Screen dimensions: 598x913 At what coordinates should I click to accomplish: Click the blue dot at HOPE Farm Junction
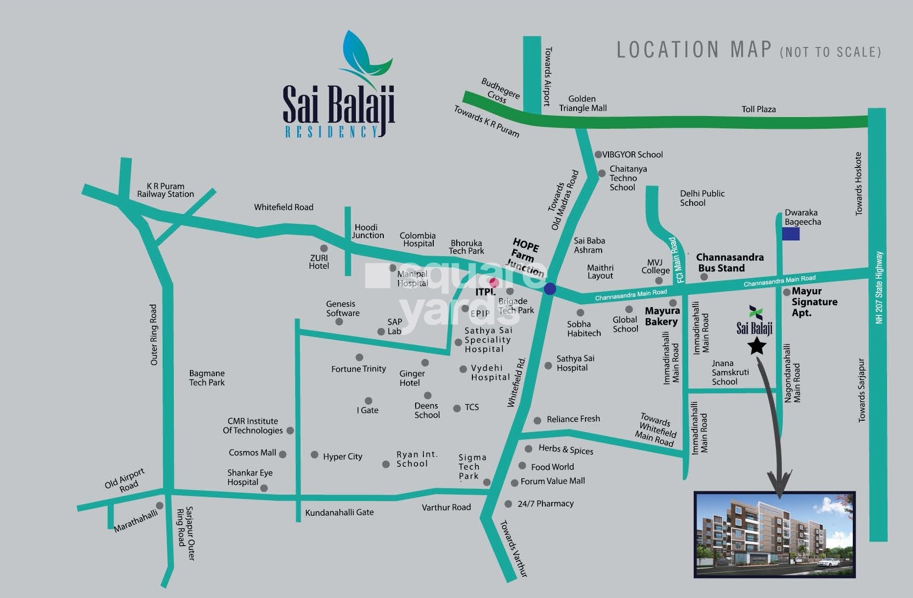(550, 288)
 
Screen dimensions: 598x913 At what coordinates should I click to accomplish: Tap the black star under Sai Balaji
(757, 346)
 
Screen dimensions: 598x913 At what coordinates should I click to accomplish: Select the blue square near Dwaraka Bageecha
(790, 234)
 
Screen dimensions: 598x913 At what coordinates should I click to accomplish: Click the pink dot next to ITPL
(494, 282)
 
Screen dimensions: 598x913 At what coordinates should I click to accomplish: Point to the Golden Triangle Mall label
(583, 103)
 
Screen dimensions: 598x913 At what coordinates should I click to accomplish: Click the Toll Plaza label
(758, 109)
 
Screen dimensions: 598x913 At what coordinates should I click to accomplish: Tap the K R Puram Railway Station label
(165, 190)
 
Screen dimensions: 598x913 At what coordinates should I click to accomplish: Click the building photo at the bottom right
(774, 534)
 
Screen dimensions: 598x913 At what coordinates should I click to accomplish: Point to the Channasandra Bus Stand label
(729, 263)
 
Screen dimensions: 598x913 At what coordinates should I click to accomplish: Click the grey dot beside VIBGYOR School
(598, 154)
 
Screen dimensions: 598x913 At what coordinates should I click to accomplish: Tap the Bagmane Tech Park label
(207, 378)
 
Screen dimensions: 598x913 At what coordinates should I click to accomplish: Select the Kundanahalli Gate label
(339, 512)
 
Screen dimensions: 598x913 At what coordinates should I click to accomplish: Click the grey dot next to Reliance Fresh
(537, 420)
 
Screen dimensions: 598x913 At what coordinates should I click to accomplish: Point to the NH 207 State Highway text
(879, 287)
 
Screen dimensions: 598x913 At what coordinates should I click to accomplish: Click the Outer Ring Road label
(154, 335)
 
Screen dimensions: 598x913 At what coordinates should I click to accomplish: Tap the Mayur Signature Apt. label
(814, 302)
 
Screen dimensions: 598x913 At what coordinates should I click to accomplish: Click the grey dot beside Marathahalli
(160, 505)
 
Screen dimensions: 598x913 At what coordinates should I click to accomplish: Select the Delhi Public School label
(702, 198)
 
